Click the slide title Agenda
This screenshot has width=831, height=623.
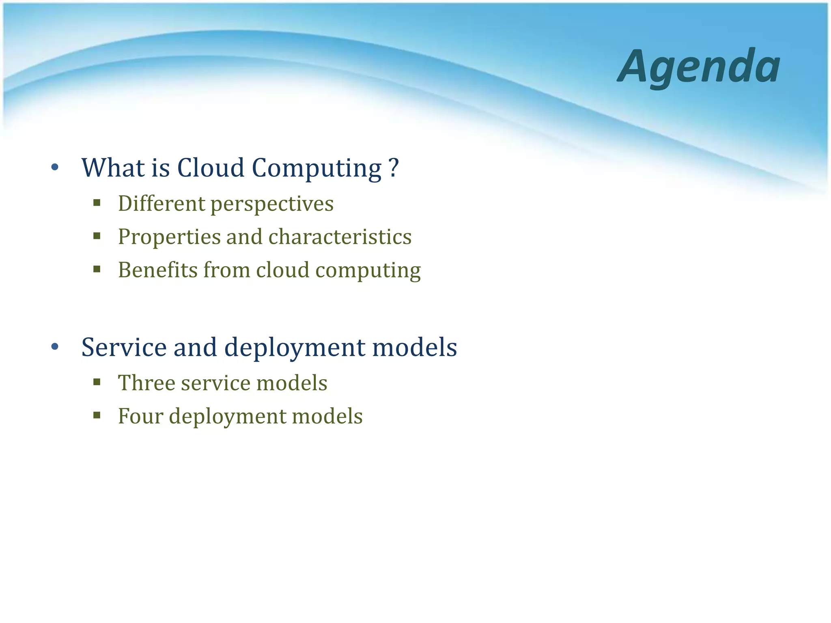coord(699,66)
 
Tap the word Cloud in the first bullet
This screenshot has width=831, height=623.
coord(211,168)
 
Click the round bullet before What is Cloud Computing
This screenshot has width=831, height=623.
coord(55,168)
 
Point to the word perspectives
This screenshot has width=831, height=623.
coord(272,204)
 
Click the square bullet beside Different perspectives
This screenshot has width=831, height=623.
coord(97,203)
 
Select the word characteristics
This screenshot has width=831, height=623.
coord(340,236)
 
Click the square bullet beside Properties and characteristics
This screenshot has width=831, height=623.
coord(97,236)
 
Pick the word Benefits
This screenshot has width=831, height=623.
coord(157,270)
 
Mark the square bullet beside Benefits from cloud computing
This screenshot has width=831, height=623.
coord(97,269)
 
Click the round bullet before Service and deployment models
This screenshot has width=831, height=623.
coord(55,347)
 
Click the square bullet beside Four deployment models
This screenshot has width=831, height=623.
coord(97,415)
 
